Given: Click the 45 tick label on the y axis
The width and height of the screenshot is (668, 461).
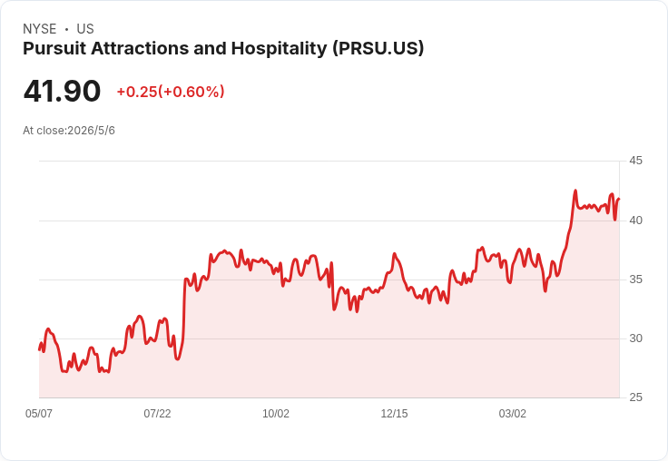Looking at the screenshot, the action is (635, 161).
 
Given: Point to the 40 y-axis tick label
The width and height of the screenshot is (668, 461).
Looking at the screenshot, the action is (635, 221).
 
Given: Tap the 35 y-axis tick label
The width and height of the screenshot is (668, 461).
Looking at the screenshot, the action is (635, 280).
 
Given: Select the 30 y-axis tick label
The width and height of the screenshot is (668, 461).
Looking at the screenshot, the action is (635, 338).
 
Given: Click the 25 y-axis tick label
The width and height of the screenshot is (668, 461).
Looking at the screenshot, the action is (635, 397).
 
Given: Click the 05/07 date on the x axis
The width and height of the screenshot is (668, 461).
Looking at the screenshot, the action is (39, 414).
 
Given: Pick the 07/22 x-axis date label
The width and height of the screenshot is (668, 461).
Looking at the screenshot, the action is (157, 414).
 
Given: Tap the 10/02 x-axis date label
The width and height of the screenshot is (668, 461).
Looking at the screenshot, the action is (276, 414).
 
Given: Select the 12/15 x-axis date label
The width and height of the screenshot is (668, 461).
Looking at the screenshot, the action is (394, 414).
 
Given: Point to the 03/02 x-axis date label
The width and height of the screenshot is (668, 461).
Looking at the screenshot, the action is (513, 414).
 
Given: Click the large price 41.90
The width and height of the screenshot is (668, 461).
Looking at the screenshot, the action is (63, 91).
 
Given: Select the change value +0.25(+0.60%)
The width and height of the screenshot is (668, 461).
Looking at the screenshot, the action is (171, 92).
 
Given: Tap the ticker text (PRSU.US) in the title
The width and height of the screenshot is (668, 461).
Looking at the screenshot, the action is (378, 49).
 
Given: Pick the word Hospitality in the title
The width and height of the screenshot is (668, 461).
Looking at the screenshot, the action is (279, 49).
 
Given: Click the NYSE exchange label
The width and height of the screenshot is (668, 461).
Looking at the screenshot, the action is (40, 29).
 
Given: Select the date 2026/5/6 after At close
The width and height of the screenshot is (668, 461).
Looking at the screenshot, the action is (91, 131).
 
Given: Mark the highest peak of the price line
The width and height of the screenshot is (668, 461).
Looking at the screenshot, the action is (575, 191).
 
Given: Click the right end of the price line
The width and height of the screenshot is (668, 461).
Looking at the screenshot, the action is (619, 199).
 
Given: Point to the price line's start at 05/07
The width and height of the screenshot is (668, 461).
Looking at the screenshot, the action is (39, 349).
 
